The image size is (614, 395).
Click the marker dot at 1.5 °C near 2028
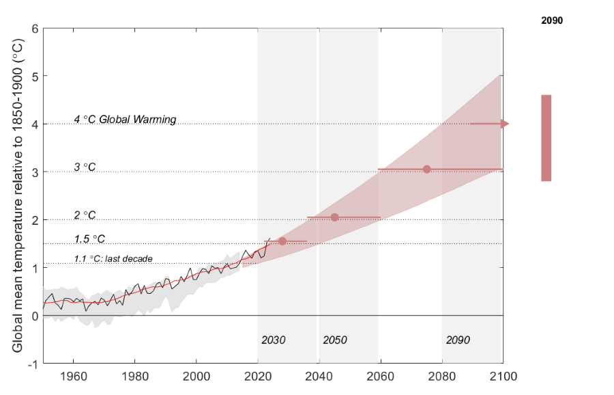(282, 241)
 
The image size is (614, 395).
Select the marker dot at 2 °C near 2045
(334, 217)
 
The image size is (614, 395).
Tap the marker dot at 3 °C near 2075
(426, 169)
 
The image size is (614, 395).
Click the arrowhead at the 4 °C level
(504, 124)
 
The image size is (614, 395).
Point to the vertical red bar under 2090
(546, 138)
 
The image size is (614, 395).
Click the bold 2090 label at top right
(551, 21)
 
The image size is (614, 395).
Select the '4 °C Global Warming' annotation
(125, 120)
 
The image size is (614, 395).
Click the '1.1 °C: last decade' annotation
(113, 259)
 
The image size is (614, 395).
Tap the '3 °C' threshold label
(85, 167)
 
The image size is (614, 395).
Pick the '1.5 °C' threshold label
(89, 239)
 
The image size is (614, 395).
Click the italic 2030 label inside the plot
(273, 340)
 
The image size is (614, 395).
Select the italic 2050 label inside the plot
(334, 340)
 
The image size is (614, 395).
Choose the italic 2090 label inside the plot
(458, 340)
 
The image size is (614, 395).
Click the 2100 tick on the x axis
(503, 376)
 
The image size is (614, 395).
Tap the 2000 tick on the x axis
(196, 376)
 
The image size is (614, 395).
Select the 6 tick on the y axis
(33, 29)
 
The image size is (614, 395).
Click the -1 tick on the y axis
(31, 364)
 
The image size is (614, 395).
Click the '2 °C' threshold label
(85, 215)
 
